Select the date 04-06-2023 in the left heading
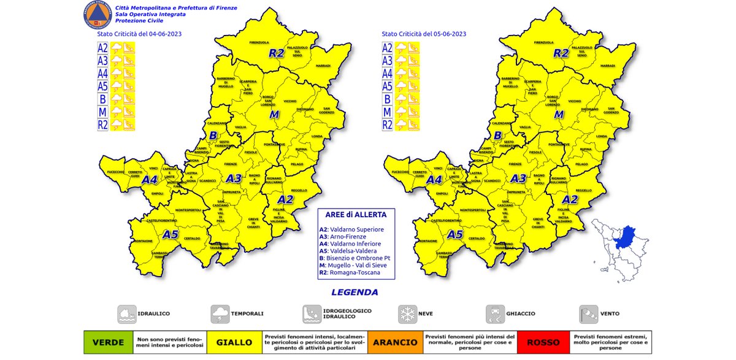162,34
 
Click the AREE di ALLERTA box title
356,215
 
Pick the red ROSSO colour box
542,342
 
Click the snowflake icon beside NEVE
407,314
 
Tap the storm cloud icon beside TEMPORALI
220,314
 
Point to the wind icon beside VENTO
588,314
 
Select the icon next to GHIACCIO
495,314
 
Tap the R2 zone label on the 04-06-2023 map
276,53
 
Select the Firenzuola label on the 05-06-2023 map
544,43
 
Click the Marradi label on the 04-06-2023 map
323,65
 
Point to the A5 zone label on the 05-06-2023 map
454,234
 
